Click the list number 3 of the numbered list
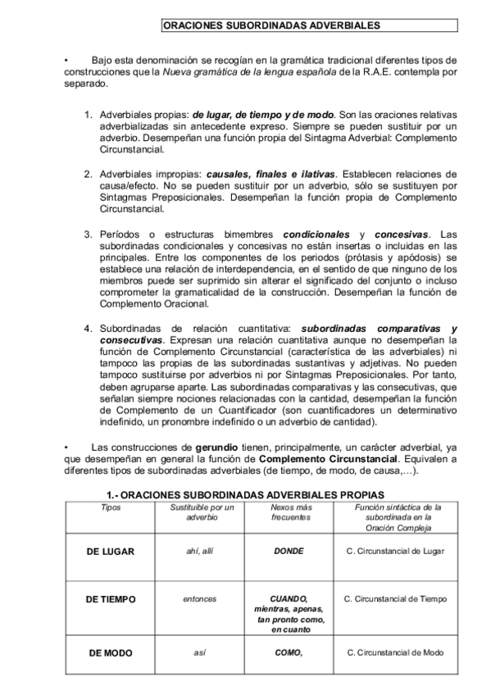point(89,234)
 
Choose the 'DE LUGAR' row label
point(110,551)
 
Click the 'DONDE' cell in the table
point(289,551)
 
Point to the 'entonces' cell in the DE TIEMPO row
point(200,599)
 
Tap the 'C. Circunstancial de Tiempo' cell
point(396,599)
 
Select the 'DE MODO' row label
point(110,653)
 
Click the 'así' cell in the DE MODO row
point(200,653)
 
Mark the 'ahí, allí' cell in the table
point(200,551)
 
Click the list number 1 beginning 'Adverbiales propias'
point(89,115)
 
